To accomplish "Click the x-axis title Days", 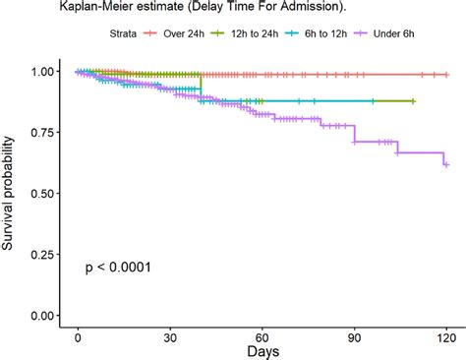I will pyautogui.click(x=262, y=351).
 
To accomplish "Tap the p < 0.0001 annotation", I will pyautogui.click(x=117, y=267).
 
